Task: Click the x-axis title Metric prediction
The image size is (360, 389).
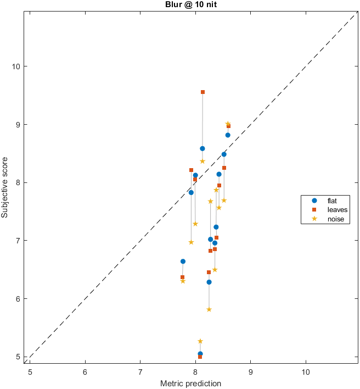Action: (191, 383)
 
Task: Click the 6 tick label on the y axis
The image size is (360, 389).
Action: (20, 299)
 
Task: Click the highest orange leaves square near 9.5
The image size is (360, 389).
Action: (203, 92)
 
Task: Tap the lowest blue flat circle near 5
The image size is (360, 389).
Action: (200, 354)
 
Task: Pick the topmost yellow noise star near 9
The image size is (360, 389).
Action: (228, 124)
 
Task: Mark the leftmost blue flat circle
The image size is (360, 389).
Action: (183, 262)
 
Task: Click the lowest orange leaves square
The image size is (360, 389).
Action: (200, 357)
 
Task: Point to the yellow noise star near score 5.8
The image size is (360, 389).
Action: (209, 309)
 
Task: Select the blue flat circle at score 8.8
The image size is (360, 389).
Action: (228, 135)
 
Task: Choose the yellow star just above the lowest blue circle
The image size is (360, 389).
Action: (200, 341)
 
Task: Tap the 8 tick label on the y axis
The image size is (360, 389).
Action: (20, 182)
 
